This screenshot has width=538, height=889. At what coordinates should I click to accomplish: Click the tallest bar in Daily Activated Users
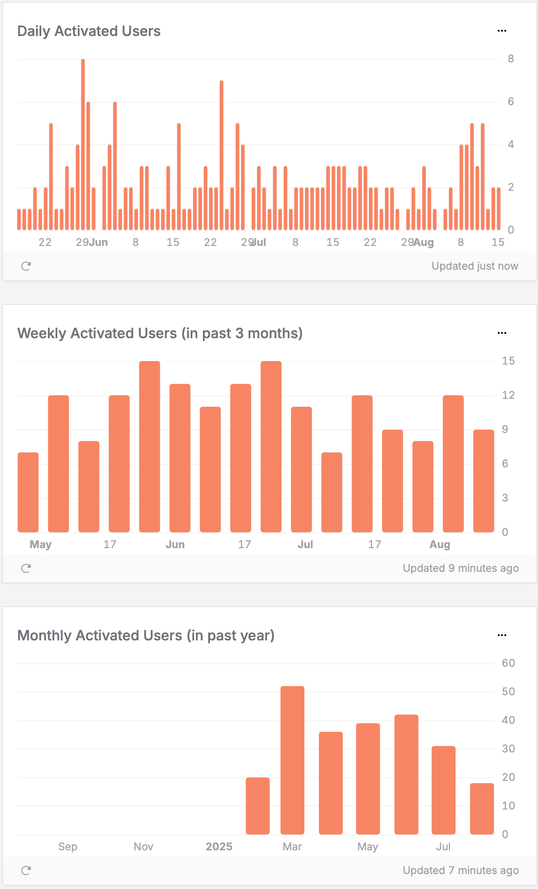click(83, 145)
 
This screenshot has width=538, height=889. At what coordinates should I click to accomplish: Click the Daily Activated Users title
click(89, 31)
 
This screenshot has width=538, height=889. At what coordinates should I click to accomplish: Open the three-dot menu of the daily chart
click(502, 31)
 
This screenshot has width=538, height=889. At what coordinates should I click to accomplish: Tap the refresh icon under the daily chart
click(26, 266)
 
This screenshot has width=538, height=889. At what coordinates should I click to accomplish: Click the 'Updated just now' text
click(474, 266)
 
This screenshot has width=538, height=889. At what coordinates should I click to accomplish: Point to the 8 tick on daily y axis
click(510, 59)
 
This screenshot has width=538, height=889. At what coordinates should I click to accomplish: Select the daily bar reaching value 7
click(221, 156)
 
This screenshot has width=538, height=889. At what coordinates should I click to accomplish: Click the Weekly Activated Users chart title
click(160, 333)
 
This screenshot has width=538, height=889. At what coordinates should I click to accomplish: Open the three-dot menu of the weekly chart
click(502, 333)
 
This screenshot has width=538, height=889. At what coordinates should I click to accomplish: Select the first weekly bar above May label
click(28, 492)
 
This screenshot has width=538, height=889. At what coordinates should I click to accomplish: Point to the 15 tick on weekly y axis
click(508, 361)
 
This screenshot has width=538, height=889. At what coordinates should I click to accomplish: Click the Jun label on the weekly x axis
click(175, 545)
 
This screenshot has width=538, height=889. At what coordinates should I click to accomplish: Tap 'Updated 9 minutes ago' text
click(460, 568)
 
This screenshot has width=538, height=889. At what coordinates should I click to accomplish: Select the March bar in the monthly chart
click(292, 760)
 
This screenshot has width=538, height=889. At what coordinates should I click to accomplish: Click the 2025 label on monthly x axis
click(219, 847)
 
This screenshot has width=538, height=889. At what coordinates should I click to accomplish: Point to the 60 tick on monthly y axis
click(508, 663)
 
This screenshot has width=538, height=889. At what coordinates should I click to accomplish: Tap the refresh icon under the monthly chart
click(26, 871)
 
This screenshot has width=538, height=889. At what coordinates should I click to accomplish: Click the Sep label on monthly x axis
click(68, 847)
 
